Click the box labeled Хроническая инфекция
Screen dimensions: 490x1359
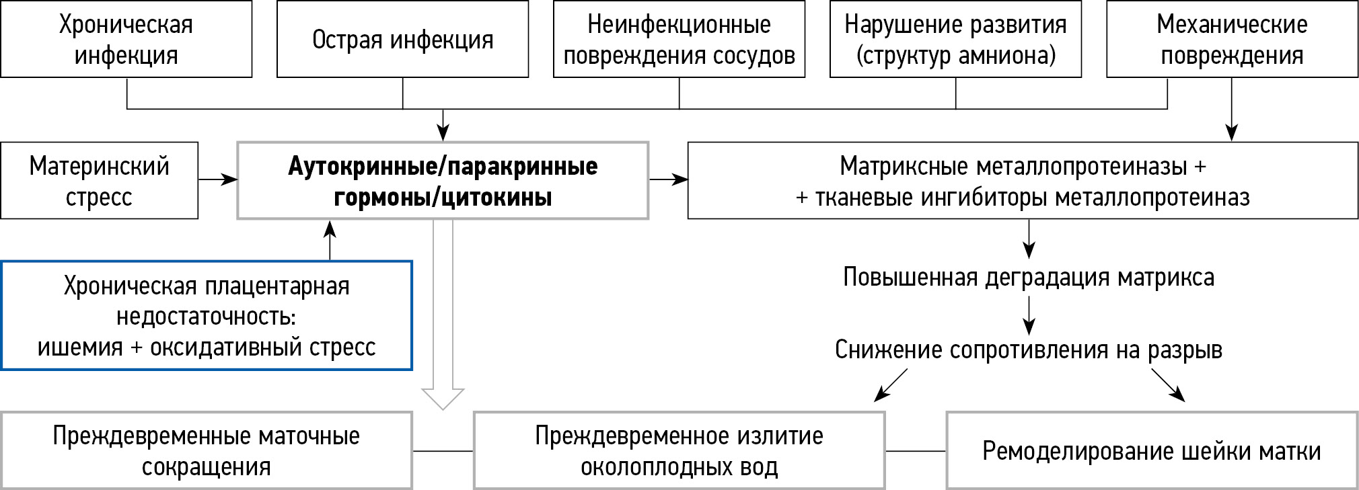126,39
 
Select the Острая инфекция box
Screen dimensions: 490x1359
402,39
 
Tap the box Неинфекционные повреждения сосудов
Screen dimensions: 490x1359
679,39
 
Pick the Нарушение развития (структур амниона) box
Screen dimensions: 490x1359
955,39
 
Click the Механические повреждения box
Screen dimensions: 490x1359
1232,39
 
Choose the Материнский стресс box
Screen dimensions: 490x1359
99,180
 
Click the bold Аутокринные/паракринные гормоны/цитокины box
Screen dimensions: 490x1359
443,180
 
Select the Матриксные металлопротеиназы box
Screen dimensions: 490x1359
1023,180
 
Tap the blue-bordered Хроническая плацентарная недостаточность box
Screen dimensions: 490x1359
207,315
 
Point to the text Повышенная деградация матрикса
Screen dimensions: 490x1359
1028,278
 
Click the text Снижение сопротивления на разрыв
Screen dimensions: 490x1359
1028,350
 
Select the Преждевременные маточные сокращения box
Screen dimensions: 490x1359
207,450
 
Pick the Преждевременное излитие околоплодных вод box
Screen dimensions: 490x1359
679,450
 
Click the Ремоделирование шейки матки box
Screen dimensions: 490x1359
1152,450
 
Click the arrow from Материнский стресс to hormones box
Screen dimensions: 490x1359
218,179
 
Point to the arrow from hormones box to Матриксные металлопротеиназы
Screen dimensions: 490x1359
668,179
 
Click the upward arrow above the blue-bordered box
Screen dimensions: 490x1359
330,240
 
